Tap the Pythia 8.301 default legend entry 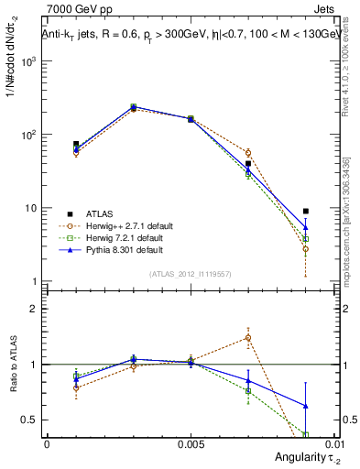115,249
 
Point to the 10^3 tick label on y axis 29,61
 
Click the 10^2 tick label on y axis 29,135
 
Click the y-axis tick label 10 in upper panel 31,208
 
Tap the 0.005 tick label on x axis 190,443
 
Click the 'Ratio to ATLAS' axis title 12,365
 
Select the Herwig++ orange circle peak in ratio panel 248,337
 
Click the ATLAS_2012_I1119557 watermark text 189,274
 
